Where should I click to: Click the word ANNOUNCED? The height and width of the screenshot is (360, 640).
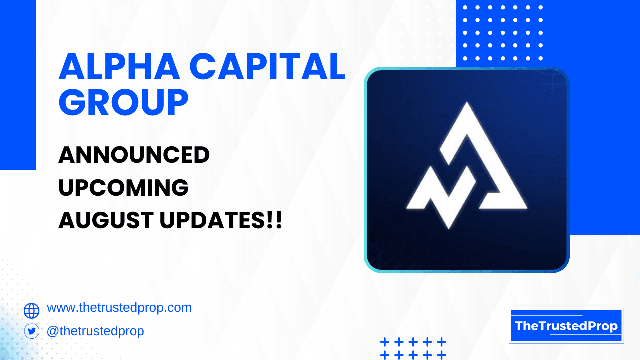(134, 156)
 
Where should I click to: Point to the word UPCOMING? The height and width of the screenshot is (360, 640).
(123, 188)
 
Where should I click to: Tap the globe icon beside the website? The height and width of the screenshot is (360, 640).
(31, 311)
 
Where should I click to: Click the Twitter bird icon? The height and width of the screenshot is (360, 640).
(31, 331)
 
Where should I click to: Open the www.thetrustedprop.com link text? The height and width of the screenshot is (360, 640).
(119, 308)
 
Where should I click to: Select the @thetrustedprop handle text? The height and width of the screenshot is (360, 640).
(95, 331)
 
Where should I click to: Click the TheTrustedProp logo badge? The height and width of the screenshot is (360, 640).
(566, 326)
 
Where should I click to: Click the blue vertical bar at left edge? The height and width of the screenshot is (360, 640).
(17, 85)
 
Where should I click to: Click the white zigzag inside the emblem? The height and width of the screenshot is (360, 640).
(440, 195)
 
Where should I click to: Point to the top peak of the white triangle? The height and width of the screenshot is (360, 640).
(467, 106)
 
